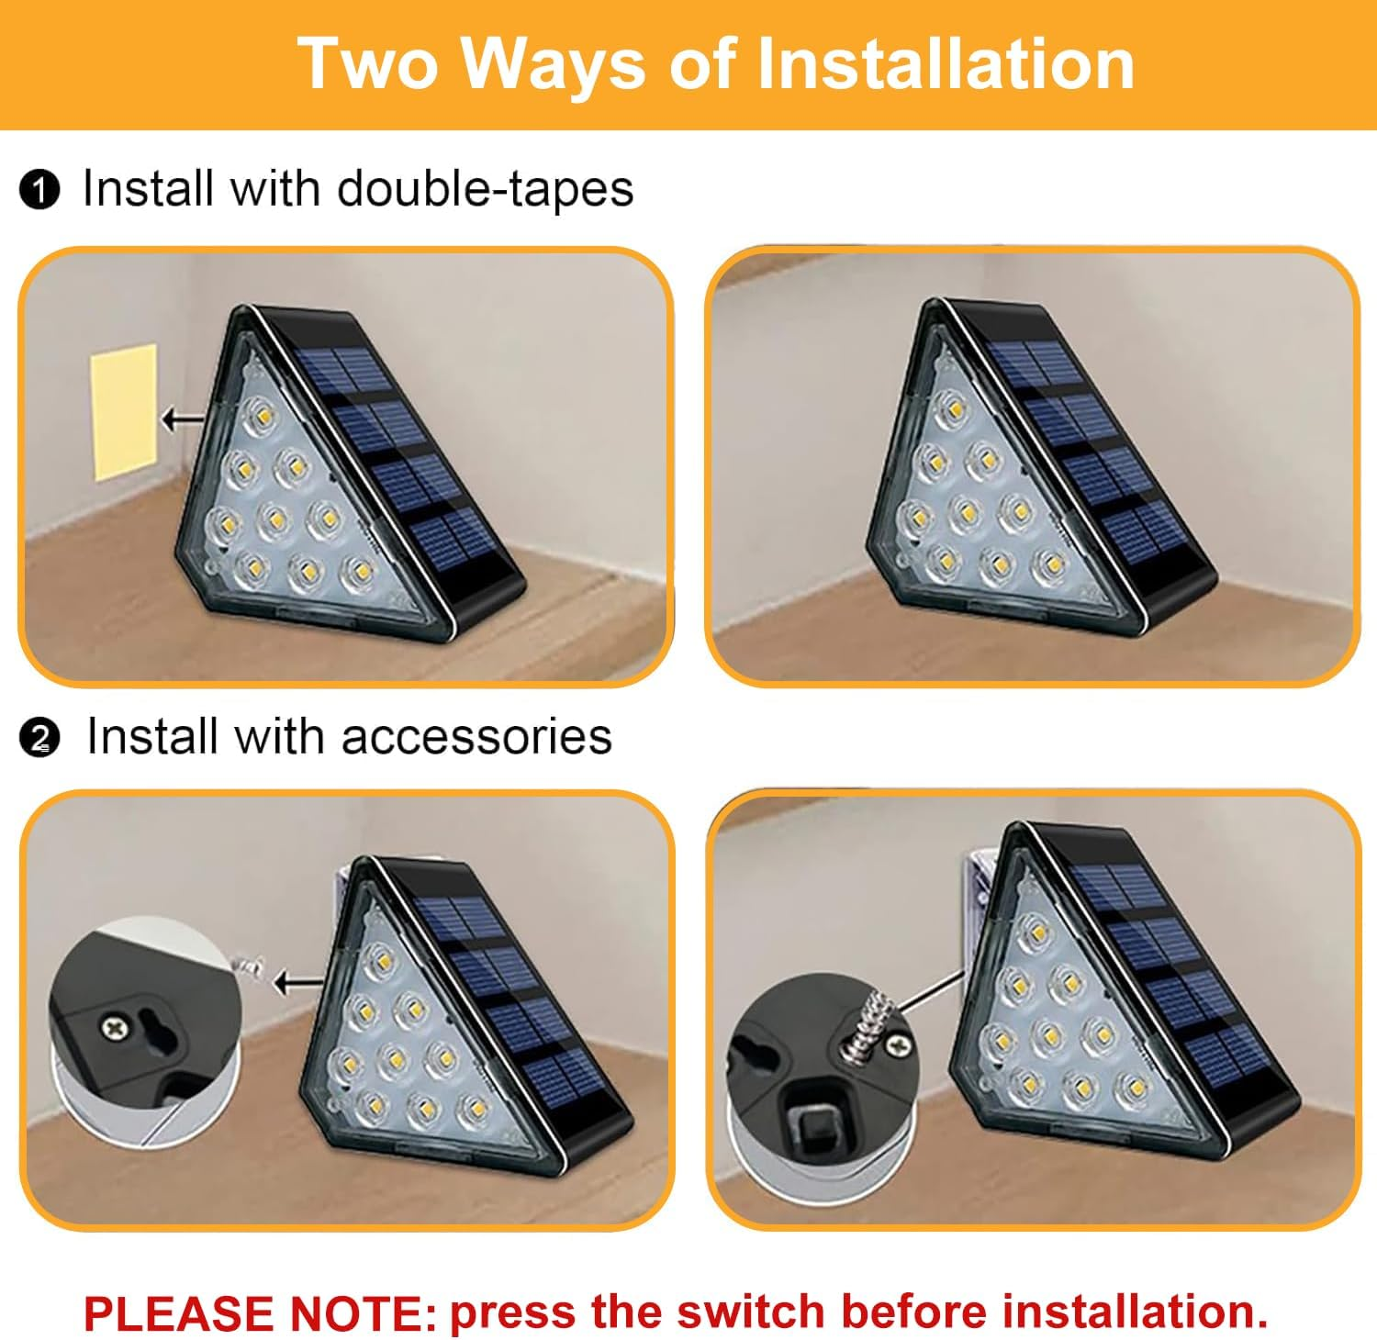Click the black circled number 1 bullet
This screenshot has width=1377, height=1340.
[x=39, y=192]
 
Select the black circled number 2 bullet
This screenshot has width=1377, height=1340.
[x=39, y=740]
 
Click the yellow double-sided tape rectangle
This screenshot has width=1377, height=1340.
[x=124, y=411]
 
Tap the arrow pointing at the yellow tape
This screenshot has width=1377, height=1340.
[x=183, y=419]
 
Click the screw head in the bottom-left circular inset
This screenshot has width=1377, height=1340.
[x=115, y=1027]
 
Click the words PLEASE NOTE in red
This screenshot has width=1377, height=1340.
[x=260, y=1313]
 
